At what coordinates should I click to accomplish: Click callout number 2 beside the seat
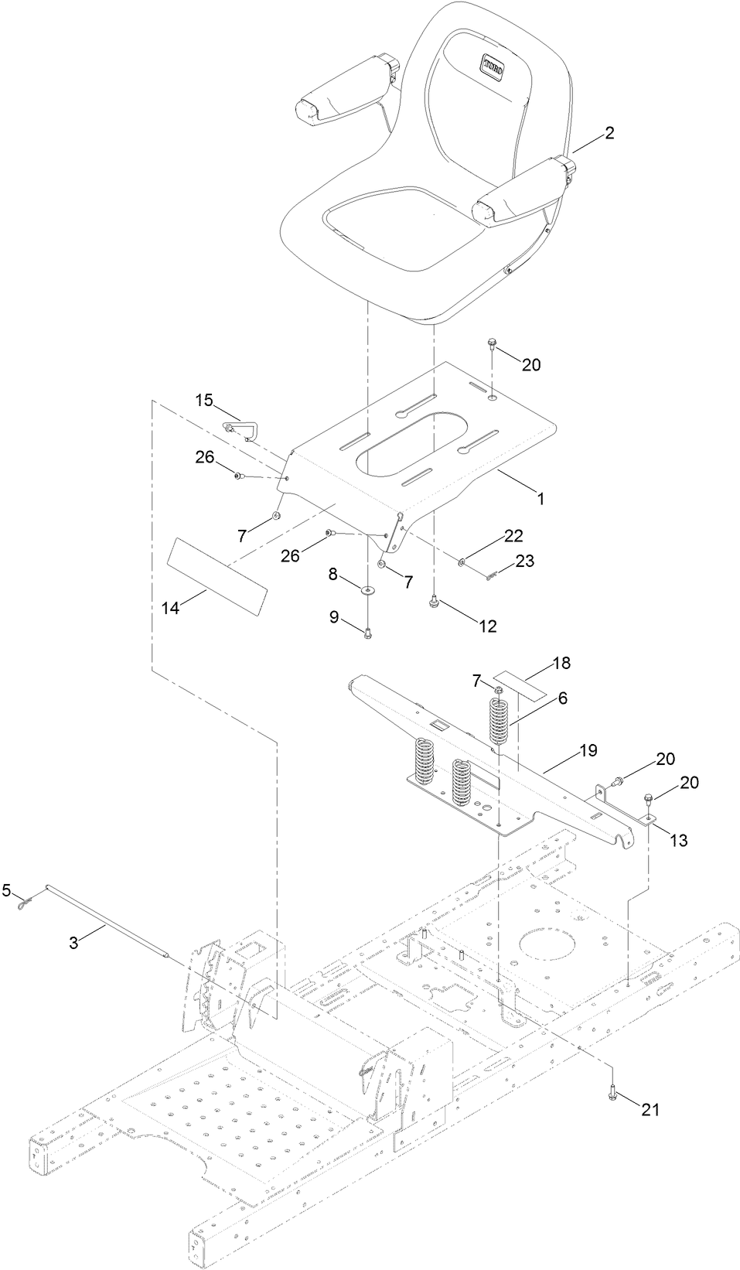[x=609, y=133]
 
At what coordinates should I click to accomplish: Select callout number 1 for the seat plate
[x=541, y=500]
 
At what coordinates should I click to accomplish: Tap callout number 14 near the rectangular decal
[x=171, y=609]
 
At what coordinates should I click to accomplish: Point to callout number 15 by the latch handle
[x=203, y=400]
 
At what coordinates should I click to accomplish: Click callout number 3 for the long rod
[x=73, y=942]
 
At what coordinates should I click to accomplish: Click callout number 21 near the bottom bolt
[x=650, y=1109]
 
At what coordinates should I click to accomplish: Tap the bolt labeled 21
[x=612, y=1092]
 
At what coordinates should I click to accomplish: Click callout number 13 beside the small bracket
[x=678, y=841]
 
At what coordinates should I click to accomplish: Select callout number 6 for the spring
[x=562, y=698]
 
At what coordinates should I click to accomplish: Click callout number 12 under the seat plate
[x=488, y=626]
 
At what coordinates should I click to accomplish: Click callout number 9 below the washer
[x=334, y=616]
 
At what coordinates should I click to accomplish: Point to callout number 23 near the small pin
[x=524, y=562]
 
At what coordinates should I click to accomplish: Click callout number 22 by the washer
[x=513, y=536]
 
